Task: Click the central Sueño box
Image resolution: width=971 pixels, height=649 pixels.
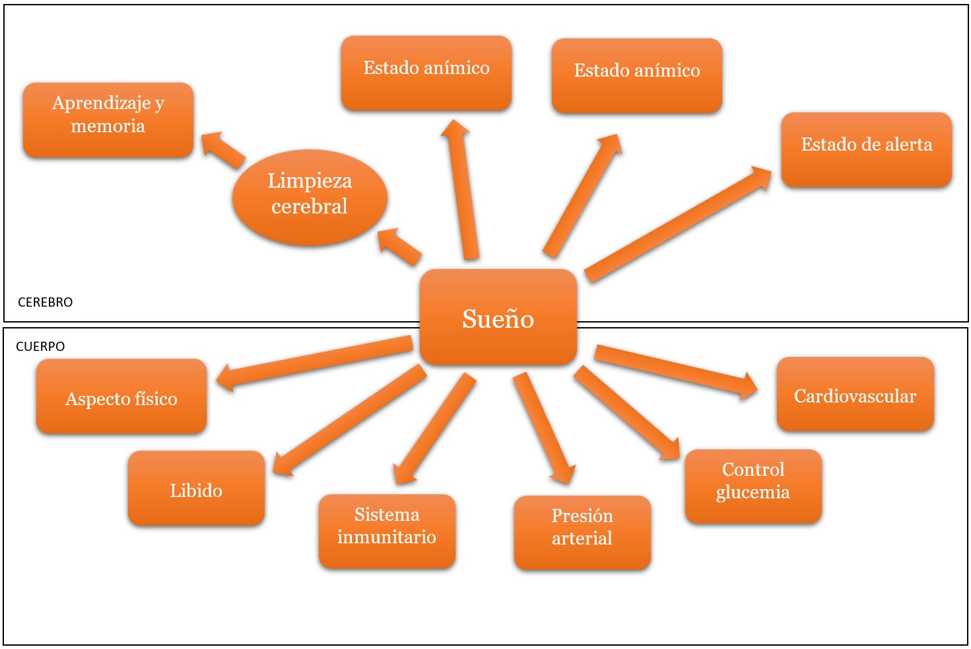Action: tap(498, 318)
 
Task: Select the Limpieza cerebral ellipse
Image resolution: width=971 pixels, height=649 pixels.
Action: tap(310, 194)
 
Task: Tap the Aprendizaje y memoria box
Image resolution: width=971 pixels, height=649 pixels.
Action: tap(108, 119)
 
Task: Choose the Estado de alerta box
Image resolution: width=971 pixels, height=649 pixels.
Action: tap(866, 149)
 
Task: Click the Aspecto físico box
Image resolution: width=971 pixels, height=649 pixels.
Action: tap(121, 397)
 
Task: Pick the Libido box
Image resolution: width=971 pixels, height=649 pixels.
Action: tap(196, 488)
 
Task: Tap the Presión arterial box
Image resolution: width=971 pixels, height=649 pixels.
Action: tap(582, 532)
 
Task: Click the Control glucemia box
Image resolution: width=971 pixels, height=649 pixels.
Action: tap(753, 486)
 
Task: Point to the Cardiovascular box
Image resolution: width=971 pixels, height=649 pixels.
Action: tap(855, 395)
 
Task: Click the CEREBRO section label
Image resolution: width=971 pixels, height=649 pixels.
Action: tap(45, 302)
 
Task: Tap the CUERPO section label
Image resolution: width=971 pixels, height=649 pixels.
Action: tap(40, 346)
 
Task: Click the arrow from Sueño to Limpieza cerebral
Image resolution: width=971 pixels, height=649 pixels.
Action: tap(400, 247)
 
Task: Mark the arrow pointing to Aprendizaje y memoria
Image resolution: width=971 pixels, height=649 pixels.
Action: tap(222, 150)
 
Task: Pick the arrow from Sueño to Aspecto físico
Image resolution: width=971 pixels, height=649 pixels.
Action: tap(314, 361)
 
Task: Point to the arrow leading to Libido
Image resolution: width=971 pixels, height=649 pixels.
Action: tap(349, 420)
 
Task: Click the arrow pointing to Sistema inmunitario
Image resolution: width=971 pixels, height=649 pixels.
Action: tap(434, 428)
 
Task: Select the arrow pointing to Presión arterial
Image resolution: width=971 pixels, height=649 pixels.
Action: tap(544, 428)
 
